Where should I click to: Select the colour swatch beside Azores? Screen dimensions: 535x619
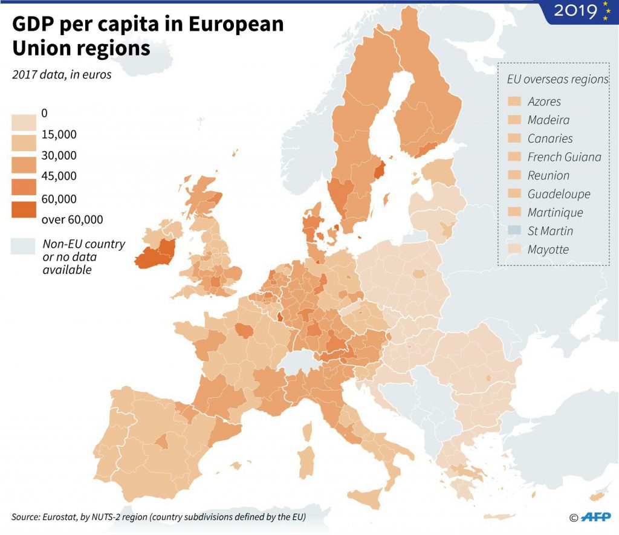coord(514,102)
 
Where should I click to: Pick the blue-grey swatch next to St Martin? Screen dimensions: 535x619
coord(514,231)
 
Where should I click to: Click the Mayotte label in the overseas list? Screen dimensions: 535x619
coord(548,250)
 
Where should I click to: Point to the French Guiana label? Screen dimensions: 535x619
coord(564,157)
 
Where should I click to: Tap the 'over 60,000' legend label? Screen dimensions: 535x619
coord(73,219)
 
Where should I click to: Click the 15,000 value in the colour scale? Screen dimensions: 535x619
coord(59,135)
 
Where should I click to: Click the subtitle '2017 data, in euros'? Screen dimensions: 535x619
coord(61,75)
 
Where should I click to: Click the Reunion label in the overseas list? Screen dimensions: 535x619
coord(548,175)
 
